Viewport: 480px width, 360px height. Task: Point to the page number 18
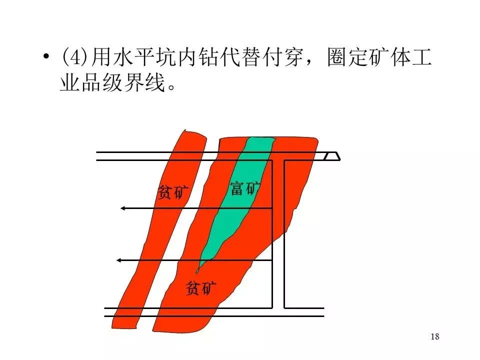434,336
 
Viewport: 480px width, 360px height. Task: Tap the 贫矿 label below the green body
201,287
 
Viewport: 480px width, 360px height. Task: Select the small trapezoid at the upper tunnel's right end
332,156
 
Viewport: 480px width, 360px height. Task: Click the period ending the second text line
171,88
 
